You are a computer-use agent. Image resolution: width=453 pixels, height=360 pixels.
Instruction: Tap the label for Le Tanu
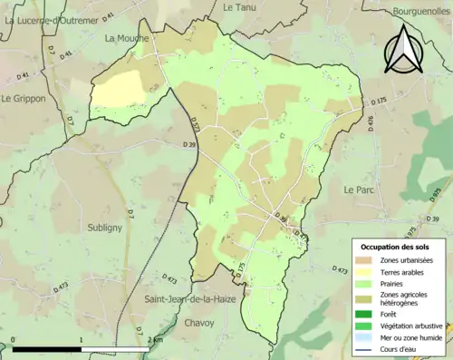tap(239, 6)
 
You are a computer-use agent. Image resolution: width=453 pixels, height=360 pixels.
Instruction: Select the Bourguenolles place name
tap(416, 12)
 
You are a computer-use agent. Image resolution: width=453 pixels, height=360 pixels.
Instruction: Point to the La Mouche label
tap(126, 38)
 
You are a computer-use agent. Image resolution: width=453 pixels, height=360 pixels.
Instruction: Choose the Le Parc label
tap(360, 190)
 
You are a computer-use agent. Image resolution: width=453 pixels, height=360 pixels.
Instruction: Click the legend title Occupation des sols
tap(396, 247)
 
